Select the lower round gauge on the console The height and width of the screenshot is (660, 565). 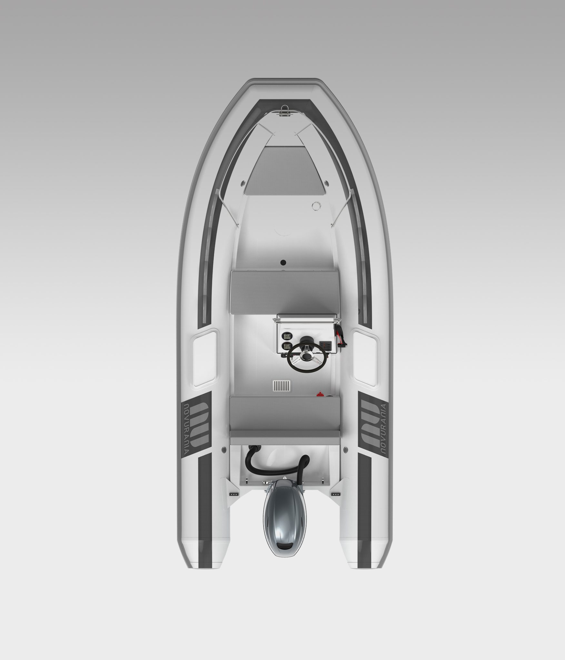286,347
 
